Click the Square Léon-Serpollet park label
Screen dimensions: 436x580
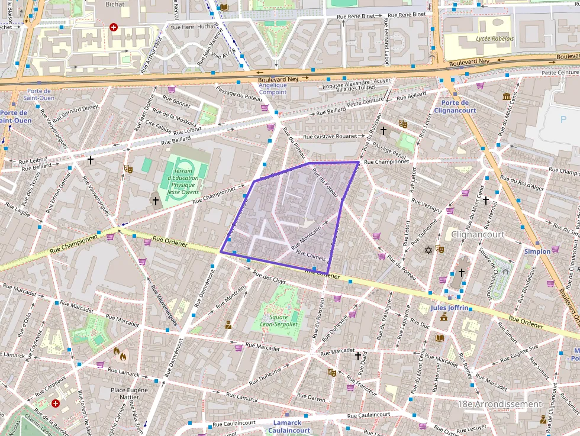275,320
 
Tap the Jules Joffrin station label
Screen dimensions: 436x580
449,308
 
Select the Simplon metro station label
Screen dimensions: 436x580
537,251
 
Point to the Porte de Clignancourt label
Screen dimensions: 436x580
455,106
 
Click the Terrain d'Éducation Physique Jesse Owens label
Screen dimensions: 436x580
183,181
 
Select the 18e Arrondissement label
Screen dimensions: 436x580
500,404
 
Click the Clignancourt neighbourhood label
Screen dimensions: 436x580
477,234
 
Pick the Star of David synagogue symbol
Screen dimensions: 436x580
428,250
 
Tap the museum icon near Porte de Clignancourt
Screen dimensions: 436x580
507,96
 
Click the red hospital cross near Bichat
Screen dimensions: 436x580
114,27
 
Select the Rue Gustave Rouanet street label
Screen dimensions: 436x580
330,137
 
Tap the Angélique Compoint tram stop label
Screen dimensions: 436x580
273,89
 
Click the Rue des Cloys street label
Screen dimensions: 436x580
270,277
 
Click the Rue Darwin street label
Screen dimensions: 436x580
312,399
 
